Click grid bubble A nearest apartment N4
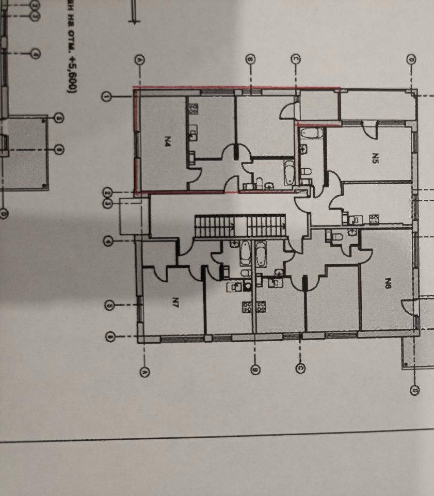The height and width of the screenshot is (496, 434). (x=140, y=60)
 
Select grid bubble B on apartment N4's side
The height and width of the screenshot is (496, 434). (x=250, y=60)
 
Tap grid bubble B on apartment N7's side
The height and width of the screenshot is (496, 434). (x=254, y=369)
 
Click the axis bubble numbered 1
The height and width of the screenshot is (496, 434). (x=106, y=97)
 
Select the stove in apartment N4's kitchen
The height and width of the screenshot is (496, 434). (x=193, y=109)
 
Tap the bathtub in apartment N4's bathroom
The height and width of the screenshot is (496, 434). (x=288, y=172)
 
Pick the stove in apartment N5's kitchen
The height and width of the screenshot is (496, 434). (x=374, y=219)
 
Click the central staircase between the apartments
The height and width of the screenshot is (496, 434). (x=239, y=226)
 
